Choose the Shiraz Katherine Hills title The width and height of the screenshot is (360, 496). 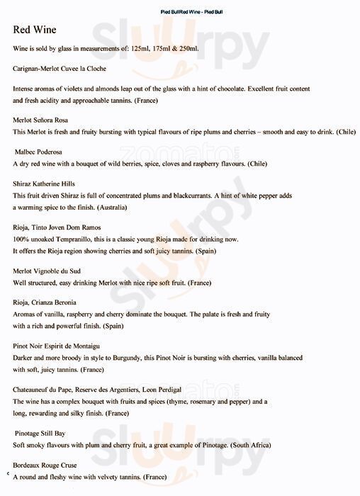pyautogui.click(x=44, y=184)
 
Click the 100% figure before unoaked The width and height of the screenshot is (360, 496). pyautogui.click(x=22, y=239)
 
